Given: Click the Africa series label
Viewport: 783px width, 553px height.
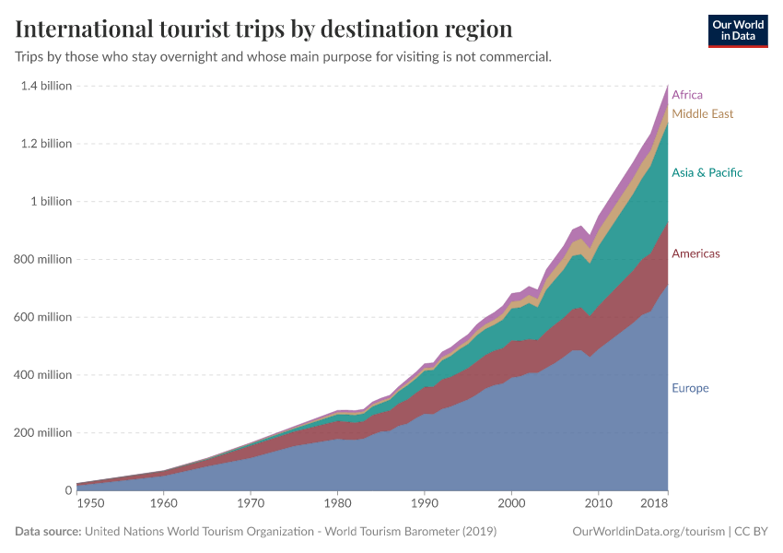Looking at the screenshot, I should pos(687,95).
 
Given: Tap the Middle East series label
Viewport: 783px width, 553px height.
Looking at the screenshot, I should pos(703,114).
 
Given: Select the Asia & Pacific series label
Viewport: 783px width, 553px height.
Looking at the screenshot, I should pos(707,172).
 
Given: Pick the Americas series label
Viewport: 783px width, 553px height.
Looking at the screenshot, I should pos(695,253).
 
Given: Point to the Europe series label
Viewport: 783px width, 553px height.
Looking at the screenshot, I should pos(690,388).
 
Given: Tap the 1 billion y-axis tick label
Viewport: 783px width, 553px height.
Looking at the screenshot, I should pos(51,202).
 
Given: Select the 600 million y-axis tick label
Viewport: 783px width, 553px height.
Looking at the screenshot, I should pos(43,317).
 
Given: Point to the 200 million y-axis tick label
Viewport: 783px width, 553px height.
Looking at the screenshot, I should pos(43,433).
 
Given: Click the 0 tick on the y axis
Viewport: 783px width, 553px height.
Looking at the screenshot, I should pos(67,490).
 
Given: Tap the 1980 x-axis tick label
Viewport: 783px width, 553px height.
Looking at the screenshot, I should pos(337,504).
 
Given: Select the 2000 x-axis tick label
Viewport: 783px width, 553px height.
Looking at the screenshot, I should pos(511,504).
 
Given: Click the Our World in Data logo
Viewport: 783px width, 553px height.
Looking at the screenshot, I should pos(737,30).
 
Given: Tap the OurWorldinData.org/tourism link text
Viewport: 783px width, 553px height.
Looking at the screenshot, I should pos(648,532).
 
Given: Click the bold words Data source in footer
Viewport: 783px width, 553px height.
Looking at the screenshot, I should pos(48,532).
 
